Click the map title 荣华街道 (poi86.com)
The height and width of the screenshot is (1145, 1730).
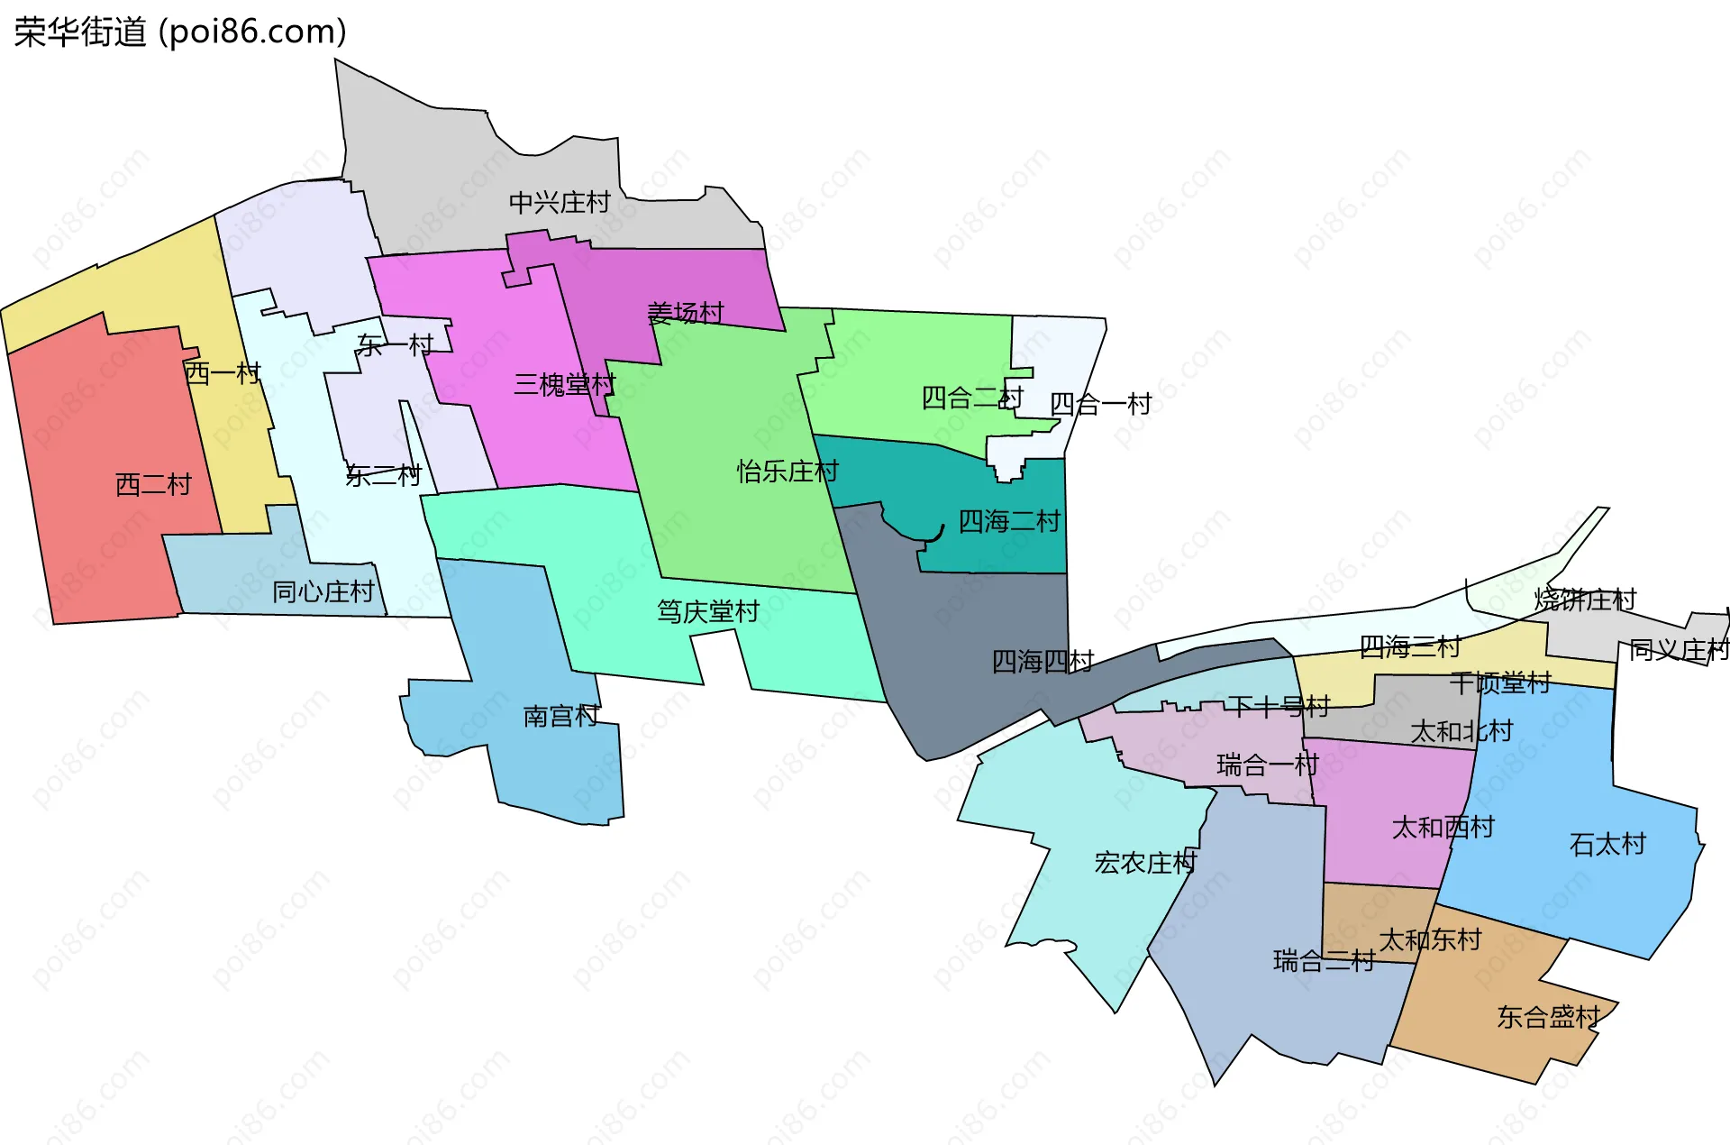click(180, 32)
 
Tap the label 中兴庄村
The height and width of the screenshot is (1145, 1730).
click(560, 202)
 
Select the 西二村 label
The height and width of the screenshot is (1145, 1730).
click(153, 485)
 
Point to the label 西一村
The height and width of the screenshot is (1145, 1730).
click(223, 373)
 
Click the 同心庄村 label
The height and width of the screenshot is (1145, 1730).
click(323, 592)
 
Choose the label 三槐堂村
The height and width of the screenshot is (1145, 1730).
click(564, 385)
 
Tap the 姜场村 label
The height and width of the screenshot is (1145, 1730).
click(686, 313)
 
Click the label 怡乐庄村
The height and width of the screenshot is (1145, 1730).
click(788, 472)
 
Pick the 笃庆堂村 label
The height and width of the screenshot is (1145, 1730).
click(708, 612)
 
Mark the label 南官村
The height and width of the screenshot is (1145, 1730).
click(561, 717)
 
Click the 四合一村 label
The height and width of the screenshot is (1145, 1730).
click(1101, 404)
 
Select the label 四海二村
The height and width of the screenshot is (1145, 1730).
click(1009, 521)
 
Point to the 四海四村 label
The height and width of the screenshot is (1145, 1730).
click(1043, 662)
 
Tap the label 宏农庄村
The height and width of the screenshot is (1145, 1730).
click(1144, 863)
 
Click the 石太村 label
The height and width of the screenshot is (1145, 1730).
click(1607, 845)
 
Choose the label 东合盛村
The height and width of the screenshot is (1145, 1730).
click(1548, 1018)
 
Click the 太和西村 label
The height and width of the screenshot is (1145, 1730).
click(1443, 828)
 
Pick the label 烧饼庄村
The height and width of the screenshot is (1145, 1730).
click(1585, 600)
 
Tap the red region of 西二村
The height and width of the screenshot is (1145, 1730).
click(99, 541)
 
